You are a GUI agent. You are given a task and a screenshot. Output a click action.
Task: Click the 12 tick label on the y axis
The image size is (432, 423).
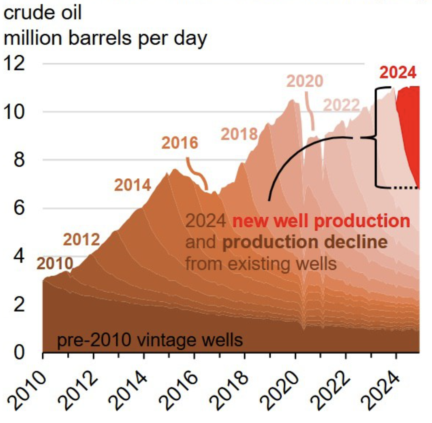coord(14,63)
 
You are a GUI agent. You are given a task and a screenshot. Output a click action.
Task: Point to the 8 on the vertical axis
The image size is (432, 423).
coord(19,160)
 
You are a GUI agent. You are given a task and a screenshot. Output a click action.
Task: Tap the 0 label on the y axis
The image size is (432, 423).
coord(19,352)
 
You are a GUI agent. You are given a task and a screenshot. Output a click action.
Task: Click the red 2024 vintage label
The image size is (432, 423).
coord(398,73)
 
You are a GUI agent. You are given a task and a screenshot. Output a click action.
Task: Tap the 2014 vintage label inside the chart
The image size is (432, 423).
coord(133,185)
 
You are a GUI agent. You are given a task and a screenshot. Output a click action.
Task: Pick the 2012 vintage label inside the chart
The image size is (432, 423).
coord(81,239)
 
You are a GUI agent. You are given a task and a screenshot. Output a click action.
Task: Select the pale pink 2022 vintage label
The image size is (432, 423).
coord(341,105)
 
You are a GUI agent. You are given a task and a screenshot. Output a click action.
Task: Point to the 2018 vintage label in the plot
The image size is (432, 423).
coord(239,134)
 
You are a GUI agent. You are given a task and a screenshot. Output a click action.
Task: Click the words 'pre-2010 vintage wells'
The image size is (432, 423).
coord(150,340)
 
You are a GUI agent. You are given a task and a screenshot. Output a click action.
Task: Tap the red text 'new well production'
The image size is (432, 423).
coord(321,221)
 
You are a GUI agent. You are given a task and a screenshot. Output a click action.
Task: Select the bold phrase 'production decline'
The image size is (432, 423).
coord(305,242)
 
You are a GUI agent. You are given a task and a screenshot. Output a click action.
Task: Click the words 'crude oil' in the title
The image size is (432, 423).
coord(43,13)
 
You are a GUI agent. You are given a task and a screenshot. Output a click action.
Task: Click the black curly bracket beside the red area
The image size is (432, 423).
coord(376,138)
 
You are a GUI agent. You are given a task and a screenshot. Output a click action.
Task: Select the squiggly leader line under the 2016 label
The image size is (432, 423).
coord(197,173)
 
